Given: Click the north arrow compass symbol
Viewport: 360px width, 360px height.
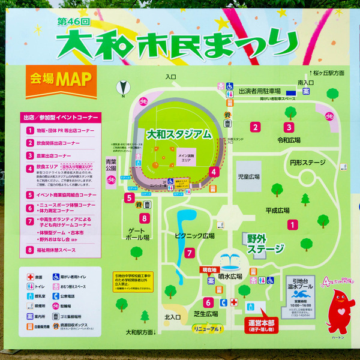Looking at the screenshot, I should [x=123, y=88].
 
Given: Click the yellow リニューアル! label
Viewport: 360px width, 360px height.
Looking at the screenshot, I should [x=208, y=329].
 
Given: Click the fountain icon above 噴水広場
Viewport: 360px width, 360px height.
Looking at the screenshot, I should [x=230, y=260].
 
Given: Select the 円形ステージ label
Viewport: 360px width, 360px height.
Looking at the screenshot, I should [x=307, y=163].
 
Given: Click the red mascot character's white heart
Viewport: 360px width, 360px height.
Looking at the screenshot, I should [x=341, y=312].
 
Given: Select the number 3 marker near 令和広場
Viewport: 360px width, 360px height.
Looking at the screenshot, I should [x=289, y=127].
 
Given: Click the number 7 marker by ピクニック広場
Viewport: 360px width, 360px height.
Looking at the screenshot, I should [x=189, y=253].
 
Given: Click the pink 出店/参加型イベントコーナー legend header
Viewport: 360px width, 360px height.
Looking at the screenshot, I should [x=60, y=117].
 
